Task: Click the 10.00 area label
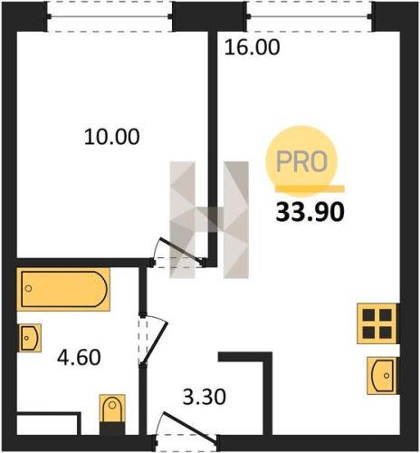(x=111, y=137)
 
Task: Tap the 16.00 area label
(x=253, y=47)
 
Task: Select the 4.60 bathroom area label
(x=79, y=357)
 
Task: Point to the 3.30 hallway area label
(x=205, y=397)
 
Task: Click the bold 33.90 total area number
(x=310, y=212)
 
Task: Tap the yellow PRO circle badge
(x=301, y=160)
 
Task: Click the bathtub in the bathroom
(x=63, y=289)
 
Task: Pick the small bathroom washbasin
(x=30, y=338)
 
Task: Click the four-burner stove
(x=377, y=323)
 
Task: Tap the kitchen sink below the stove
(x=382, y=375)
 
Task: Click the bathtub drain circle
(x=29, y=288)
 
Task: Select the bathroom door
(x=155, y=340)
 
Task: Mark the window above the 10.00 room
(x=110, y=16)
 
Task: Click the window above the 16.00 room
(x=309, y=16)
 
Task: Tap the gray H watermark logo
(x=209, y=219)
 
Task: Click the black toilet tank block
(x=112, y=429)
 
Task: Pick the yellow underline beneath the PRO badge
(x=310, y=188)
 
